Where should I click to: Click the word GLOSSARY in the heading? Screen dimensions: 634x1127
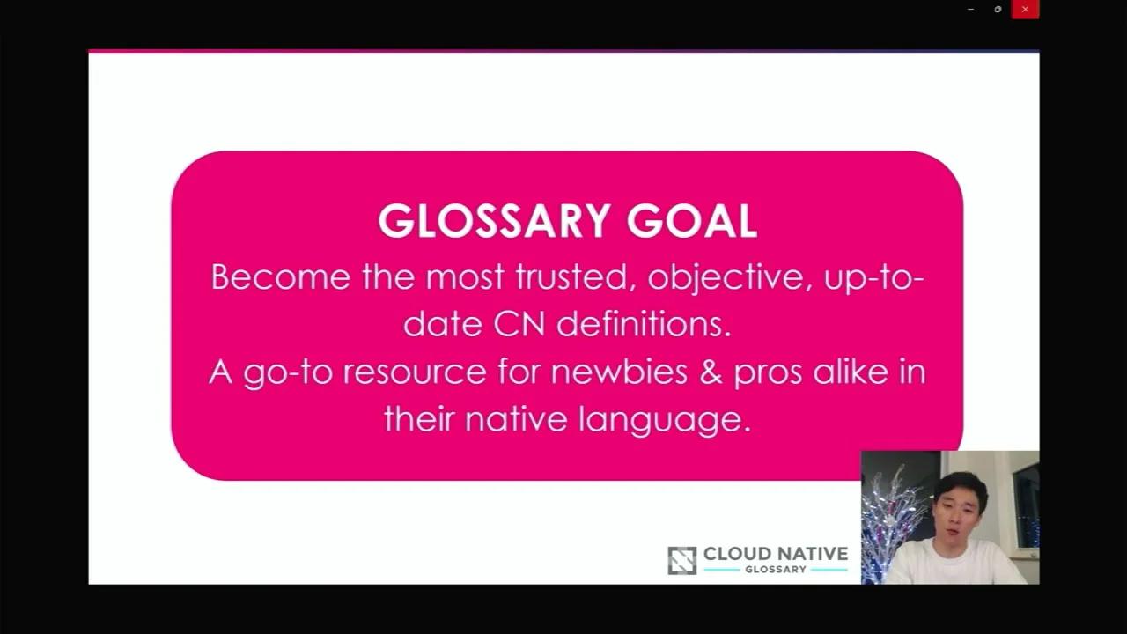pyautogui.click(x=495, y=221)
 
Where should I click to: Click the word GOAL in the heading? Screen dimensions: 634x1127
pyautogui.click(x=691, y=221)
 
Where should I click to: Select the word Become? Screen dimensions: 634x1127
pyautogui.click(x=280, y=277)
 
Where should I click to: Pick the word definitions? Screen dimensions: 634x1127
pyautogui.click(x=644, y=324)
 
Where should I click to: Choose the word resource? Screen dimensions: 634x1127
pyautogui.click(x=414, y=372)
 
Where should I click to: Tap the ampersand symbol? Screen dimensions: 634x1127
pyautogui.click(x=711, y=371)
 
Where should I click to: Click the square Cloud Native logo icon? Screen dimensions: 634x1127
pyautogui.click(x=682, y=561)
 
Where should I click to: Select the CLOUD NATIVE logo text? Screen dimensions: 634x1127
pyautogui.click(x=775, y=554)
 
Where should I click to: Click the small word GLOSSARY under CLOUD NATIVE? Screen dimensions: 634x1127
pyautogui.click(x=775, y=570)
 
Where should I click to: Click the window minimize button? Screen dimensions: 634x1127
pyautogui.click(x=970, y=10)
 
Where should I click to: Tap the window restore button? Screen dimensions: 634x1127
pyautogui.click(x=998, y=10)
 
